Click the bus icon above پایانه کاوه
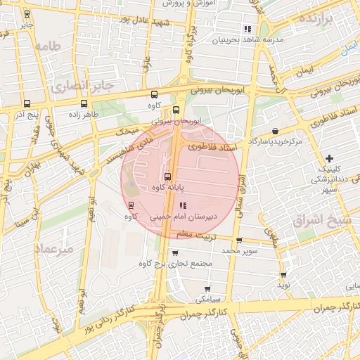tap(167, 176)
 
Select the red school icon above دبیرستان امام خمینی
tap(183, 206)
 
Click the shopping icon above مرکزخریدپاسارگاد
tap(274, 131)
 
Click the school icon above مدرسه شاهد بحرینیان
tap(247, 29)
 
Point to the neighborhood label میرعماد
tap(53, 248)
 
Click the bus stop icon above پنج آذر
tap(26, 103)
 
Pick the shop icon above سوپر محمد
tap(239, 240)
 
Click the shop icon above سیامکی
tap(207, 289)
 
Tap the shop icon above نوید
tap(283, 275)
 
